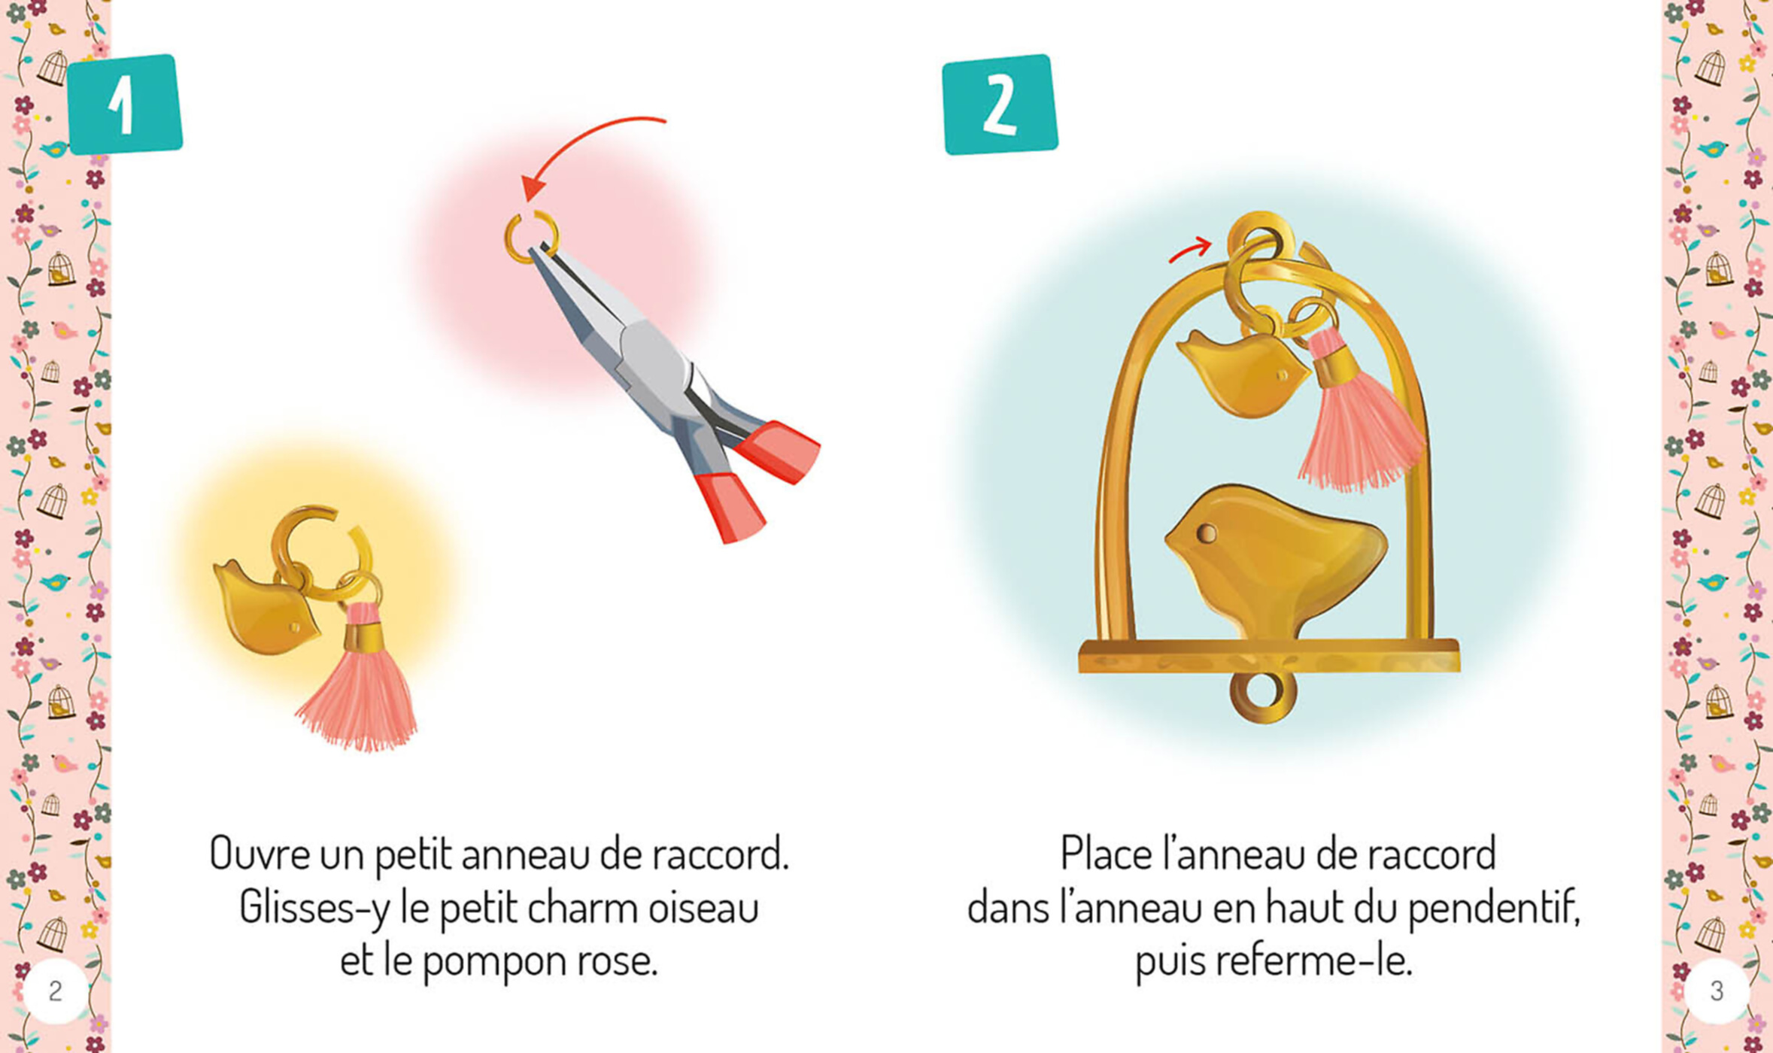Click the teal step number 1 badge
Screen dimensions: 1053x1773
[x=125, y=105]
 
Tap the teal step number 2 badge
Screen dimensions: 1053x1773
[x=1000, y=105]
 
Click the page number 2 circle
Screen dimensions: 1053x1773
[x=55, y=991]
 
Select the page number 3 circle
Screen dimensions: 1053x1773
[x=1717, y=991]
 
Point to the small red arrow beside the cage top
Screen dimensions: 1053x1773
[x=1190, y=250]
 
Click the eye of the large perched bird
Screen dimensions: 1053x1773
[x=1206, y=533]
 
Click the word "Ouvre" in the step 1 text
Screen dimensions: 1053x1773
[x=259, y=854]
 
